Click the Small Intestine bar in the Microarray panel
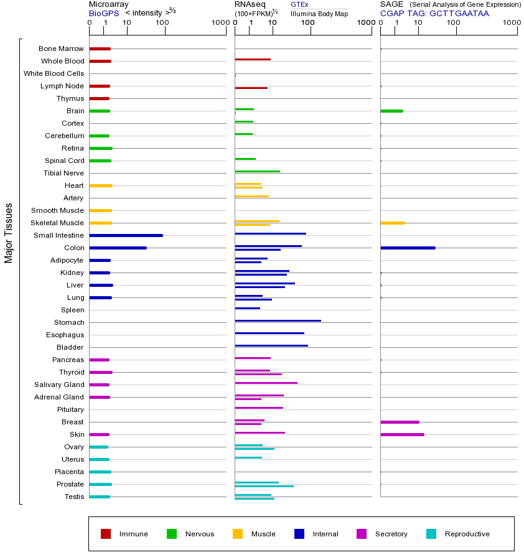126,235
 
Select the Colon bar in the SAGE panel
408,248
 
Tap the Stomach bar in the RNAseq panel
278,320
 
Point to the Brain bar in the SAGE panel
391,111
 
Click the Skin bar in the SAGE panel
402,434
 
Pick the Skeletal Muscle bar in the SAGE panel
392,223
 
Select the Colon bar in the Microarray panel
118,248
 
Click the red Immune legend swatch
106,534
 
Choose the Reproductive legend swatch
431,534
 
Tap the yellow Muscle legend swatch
238,534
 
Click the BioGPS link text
103,13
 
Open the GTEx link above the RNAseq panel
299,4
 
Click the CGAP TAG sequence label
434,13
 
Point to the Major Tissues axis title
9,233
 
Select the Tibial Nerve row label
63,173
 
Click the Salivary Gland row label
60,385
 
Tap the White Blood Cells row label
54,73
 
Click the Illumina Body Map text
319,13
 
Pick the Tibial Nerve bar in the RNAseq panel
257,171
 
